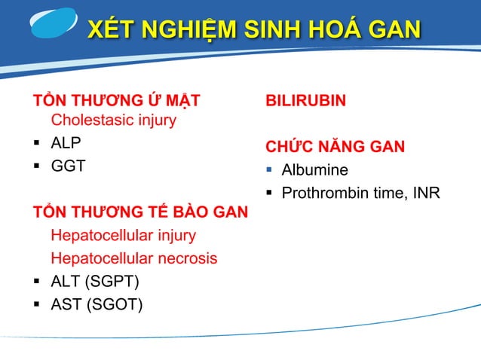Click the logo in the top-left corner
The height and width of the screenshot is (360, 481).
(x=53, y=23)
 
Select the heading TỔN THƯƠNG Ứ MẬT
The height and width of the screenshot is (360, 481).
(x=116, y=101)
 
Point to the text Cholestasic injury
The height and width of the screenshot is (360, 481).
(x=113, y=121)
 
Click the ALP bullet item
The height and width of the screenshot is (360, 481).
(x=66, y=143)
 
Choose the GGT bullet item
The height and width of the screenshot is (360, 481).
(x=68, y=166)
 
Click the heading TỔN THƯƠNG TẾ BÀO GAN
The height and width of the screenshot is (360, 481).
(x=139, y=212)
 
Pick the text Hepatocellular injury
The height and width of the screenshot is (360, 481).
(x=123, y=236)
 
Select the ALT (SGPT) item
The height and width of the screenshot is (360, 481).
(x=94, y=282)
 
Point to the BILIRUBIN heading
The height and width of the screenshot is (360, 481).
(x=305, y=101)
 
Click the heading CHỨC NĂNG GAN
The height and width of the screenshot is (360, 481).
(x=335, y=146)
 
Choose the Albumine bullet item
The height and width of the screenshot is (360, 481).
(x=314, y=170)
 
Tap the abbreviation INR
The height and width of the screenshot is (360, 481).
(x=425, y=194)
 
